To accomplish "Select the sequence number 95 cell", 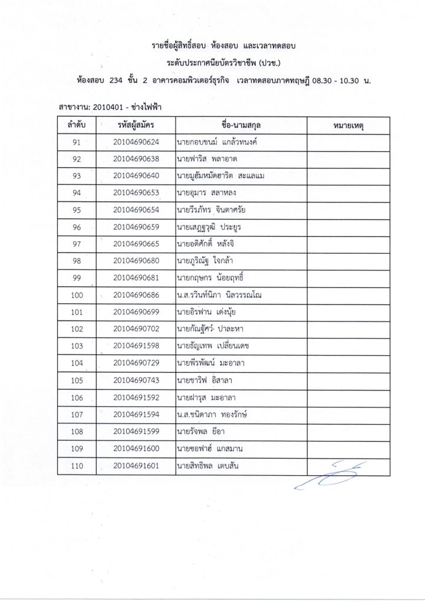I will pyautogui.click(x=77, y=210).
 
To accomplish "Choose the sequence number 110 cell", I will pyautogui.click(x=77, y=467).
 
